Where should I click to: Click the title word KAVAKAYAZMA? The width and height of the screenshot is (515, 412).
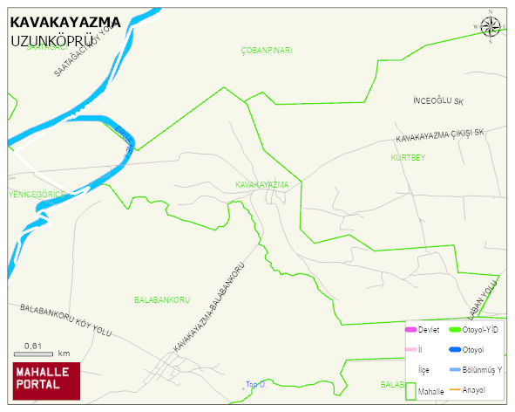(x=65, y=22)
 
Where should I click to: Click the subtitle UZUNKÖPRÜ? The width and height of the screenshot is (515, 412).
(x=52, y=41)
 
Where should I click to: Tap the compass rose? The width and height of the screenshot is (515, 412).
(x=491, y=28)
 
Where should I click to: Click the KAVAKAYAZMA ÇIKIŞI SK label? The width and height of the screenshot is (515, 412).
(x=439, y=136)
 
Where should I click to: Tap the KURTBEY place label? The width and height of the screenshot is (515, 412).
(x=408, y=158)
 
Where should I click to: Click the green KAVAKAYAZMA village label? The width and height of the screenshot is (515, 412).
(x=261, y=185)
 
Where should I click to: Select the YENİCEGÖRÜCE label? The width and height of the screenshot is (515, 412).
(x=36, y=193)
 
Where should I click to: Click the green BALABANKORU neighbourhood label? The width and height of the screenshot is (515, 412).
(x=162, y=300)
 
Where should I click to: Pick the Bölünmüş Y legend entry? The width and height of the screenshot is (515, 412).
(x=482, y=370)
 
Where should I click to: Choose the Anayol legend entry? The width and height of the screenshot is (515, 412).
(x=473, y=389)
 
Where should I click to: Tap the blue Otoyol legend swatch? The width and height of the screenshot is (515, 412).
(x=455, y=350)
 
